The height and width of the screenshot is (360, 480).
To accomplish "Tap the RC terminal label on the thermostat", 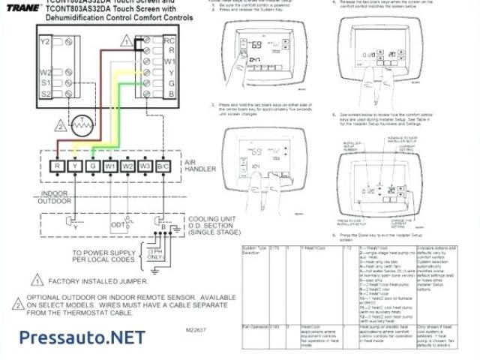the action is tap(169, 40).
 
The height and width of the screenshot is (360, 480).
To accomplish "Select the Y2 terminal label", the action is tap(45, 42).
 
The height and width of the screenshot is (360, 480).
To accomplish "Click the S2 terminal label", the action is tap(45, 93).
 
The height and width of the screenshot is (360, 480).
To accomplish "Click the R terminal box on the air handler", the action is tap(56, 166).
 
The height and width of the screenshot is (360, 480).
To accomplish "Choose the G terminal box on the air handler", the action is tap(91, 166).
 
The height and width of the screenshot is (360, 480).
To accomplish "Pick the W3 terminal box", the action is tap(145, 166).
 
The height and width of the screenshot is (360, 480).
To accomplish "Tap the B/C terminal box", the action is tap(164, 166).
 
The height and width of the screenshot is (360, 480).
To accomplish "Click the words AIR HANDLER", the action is tap(200, 165).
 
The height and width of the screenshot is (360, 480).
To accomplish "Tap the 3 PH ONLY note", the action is tap(155, 253).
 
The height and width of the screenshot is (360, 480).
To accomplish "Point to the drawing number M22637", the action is tap(195, 328).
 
